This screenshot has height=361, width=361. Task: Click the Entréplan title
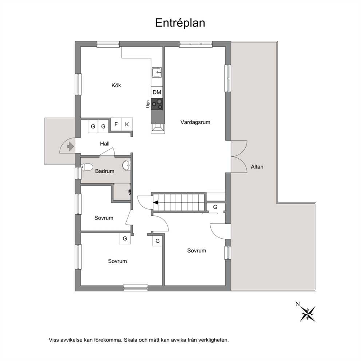click(180, 23)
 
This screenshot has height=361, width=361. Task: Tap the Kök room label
click(116, 86)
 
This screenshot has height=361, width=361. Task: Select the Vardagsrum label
click(195, 122)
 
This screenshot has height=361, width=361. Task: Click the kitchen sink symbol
click(156, 72)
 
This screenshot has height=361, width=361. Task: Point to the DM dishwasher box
click(157, 92)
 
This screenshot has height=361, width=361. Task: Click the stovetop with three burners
click(157, 104)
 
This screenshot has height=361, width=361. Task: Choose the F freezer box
click(116, 124)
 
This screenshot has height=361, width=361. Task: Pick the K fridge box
click(127, 124)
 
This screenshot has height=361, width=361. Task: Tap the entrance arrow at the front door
click(71, 146)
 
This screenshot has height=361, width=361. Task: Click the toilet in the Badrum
click(87, 167)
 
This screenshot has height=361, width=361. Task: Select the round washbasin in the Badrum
click(126, 165)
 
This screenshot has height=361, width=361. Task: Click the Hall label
click(105, 144)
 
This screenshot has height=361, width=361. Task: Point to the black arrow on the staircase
click(156, 203)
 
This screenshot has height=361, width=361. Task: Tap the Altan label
click(257, 167)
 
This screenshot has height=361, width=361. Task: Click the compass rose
click(308, 314)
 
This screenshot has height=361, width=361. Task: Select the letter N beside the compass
click(298, 304)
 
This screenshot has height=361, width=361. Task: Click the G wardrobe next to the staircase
click(215, 207)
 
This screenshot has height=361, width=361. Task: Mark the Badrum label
click(105, 171)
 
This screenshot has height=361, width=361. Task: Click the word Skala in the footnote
click(130, 340)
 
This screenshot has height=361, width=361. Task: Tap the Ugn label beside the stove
click(148, 104)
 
